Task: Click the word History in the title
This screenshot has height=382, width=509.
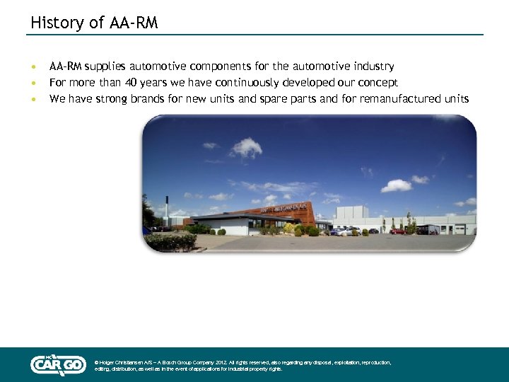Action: point(54,23)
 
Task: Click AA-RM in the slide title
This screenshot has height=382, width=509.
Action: point(134,23)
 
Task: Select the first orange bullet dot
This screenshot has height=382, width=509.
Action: point(32,67)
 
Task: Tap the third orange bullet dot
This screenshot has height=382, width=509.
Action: point(32,100)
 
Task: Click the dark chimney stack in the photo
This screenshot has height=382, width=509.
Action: point(166,207)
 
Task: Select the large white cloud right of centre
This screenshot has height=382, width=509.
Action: point(396,185)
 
